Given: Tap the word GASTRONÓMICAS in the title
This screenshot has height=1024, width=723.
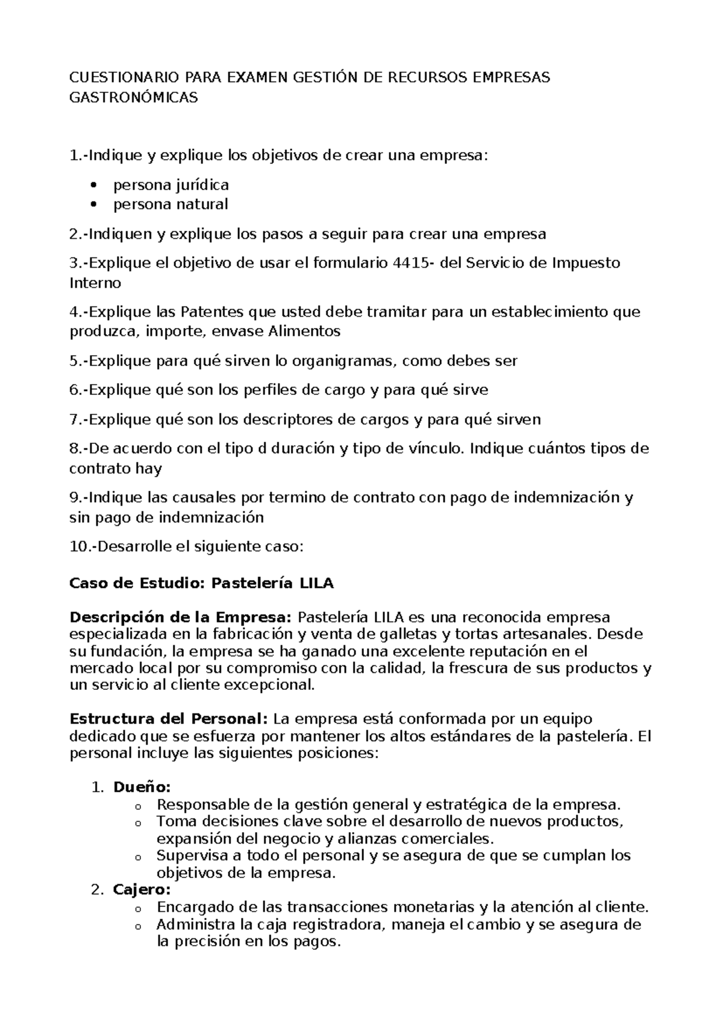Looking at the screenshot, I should coord(134,97).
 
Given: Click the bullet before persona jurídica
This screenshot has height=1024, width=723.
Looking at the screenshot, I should coord(92,185).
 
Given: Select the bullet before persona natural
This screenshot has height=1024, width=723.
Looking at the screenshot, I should coord(92,204).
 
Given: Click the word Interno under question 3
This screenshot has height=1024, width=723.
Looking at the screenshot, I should coord(95,283).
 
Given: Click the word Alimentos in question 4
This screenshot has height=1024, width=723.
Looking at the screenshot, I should coord(304,331).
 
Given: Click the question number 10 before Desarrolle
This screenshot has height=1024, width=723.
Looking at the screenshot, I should coord(78,547).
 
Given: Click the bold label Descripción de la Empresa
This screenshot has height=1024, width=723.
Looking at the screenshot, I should coord(181,618).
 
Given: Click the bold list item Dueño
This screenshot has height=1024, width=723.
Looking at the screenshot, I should coord(142,788).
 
